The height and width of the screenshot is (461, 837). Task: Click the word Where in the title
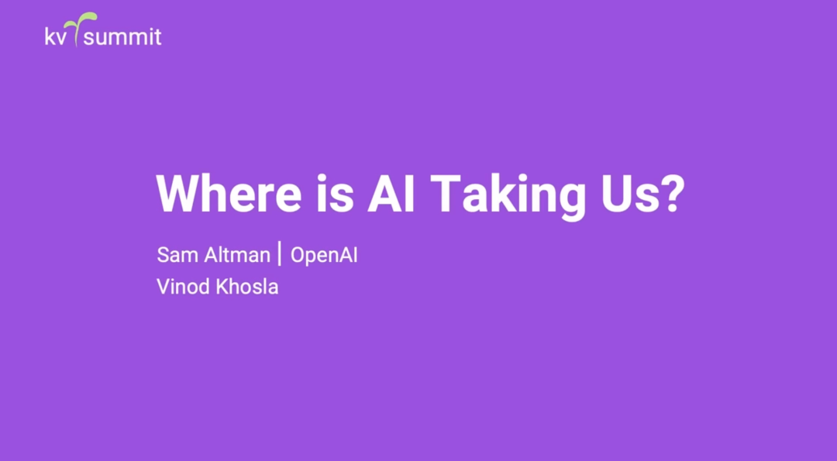coord(229,193)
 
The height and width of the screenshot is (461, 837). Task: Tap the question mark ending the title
coord(667,193)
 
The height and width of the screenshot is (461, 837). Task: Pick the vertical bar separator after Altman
coord(281,253)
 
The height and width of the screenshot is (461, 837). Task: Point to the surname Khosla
coord(246,287)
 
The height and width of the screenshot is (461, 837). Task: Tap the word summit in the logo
coord(122,37)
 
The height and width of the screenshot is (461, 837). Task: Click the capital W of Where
coord(179,193)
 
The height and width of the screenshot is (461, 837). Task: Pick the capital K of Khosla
coord(222,287)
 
